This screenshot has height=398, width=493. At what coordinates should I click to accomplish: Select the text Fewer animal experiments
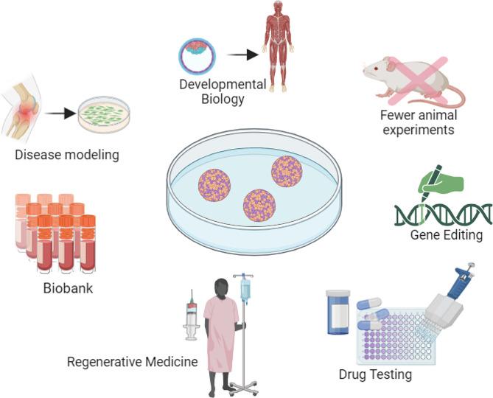[x=418, y=122]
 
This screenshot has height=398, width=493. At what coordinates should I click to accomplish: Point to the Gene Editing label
[x=447, y=235]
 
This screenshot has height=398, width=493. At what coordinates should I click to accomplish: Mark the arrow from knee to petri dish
[x=60, y=114]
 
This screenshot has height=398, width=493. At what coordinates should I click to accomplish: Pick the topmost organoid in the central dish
[x=287, y=171]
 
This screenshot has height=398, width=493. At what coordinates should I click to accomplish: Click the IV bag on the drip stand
[x=245, y=292]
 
